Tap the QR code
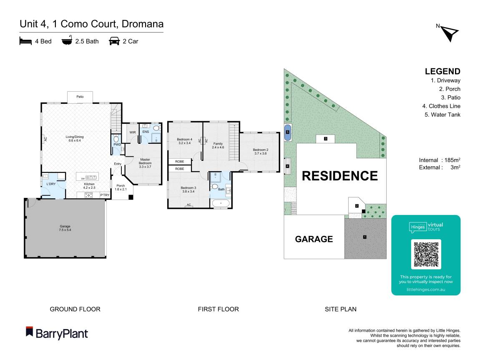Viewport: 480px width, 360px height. pyautogui.click(x=426, y=254)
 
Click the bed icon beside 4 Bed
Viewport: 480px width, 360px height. pyautogui.click(x=25, y=41)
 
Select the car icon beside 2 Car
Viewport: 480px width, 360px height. pyautogui.click(x=113, y=41)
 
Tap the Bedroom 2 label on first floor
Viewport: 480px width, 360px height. pyautogui.click(x=261, y=151)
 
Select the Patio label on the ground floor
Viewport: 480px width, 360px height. pyautogui.click(x=80, y=97)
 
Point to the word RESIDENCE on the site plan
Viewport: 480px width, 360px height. pyautogui.click(x=339, y=176)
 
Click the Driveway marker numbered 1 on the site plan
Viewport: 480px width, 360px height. pyautogui.click(x=364, y=237)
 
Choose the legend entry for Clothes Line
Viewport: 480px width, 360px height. pyautogui.click(x=441, y=106)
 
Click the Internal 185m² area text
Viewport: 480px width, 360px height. pyautogui.click(x=440, y=160)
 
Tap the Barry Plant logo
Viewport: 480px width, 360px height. pyautogui.click(x=57, y=333)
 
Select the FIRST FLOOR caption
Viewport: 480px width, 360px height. pyautogui.click(x=218, y=309)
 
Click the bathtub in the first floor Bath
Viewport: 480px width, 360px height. pyautogui.click(x=221, y=203)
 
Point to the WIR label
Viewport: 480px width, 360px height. pyautogui.click(x=133, y=132)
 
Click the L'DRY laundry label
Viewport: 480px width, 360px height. pyautogui.click(x=51, y=184)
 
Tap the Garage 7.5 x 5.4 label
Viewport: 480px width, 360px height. pyautogui.click(x=65, y=228)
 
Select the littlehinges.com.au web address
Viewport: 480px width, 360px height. pyautogui.click(x=426, y=289)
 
